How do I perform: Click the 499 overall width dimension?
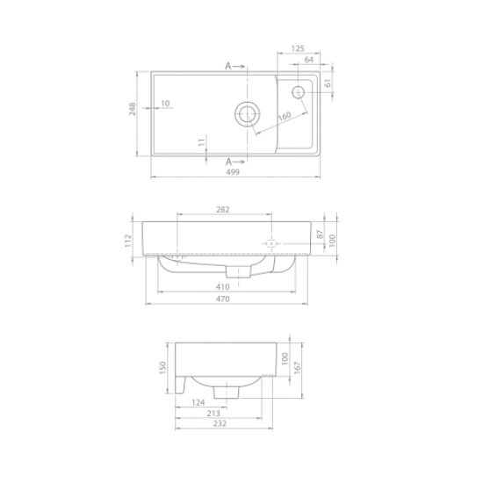tap(233, 173)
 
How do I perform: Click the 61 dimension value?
tap(327, 83)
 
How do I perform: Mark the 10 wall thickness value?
tap(166, 104)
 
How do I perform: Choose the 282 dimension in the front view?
tap(222, 209)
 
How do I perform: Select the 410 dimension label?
tap(222, 287)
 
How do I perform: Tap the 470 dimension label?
tap(222, 299)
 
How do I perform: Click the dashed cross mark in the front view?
tap(271, 241)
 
